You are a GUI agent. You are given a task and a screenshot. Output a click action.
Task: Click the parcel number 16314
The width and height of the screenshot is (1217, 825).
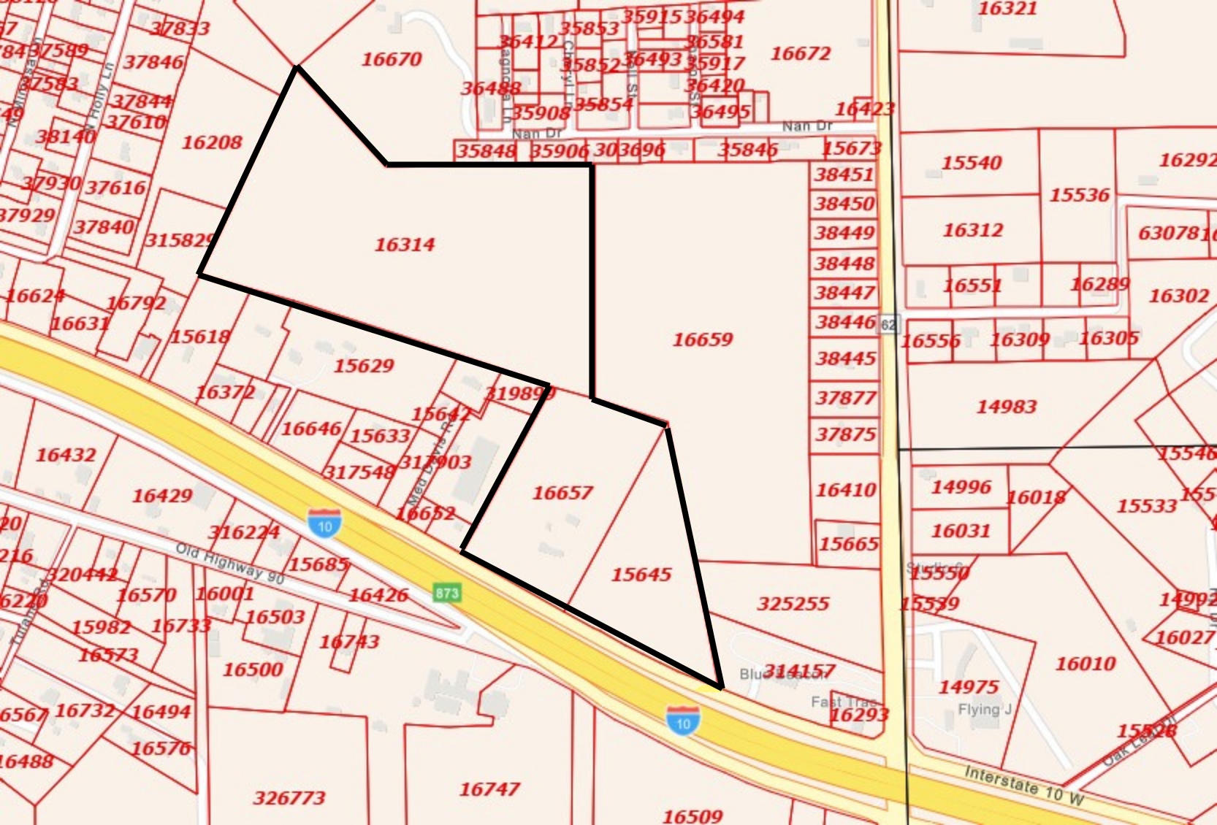(x=405, y=245)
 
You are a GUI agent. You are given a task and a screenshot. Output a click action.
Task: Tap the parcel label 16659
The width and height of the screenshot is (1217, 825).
(x=703, y=339)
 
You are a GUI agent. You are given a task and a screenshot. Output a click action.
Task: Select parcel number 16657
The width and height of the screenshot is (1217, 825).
(x=562, y=494)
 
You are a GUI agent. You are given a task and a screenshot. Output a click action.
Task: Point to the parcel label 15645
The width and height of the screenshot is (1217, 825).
(x=641, y=575)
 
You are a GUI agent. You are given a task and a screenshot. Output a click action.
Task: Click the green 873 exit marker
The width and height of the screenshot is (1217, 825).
(x=447, y=592)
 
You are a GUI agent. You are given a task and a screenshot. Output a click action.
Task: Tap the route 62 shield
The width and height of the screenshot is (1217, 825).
(x=888, y=324)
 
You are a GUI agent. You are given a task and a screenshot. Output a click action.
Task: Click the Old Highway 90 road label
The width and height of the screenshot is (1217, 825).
(x=229, y=563)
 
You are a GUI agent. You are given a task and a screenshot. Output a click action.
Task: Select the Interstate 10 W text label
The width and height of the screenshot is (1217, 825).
(x=1023, y=785)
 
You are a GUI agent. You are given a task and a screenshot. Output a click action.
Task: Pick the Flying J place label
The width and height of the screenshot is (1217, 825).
(x=984, y=709)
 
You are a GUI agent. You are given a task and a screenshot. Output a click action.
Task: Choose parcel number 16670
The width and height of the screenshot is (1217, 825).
(x=392, y=59)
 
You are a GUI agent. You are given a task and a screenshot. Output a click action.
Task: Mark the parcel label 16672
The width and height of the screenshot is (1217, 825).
(x=801, y=53)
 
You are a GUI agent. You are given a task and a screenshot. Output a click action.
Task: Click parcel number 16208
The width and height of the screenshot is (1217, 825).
(x=212, y=142)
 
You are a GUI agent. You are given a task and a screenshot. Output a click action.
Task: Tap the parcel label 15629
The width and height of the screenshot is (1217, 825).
(x=364, y=366)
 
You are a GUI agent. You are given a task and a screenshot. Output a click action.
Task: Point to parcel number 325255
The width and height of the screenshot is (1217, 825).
(x=793, y=604)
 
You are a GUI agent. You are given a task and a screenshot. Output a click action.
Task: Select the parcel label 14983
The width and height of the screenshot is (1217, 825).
(x=1007, y=407)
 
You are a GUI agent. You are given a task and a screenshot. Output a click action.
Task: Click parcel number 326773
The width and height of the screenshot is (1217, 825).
(x=289, y=798)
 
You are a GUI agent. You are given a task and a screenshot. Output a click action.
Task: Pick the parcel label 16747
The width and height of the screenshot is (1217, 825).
(x=489, y=789)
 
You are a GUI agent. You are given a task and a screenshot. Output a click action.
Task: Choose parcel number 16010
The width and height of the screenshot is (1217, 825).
(x=1086, y=664)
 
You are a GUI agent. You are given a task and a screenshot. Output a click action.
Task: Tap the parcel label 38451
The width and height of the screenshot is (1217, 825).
(x=844, y=174)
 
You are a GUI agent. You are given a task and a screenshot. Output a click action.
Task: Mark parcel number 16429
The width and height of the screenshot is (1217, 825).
(x=162, y=496)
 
